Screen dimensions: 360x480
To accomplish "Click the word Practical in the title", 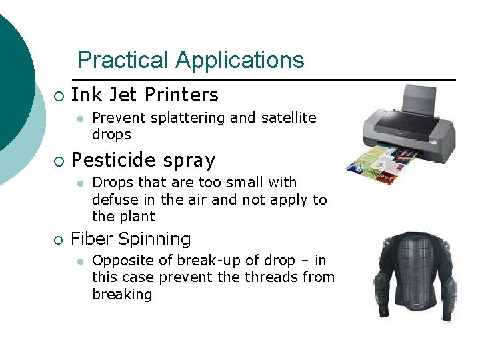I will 123,60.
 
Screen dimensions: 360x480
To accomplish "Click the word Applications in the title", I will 240,60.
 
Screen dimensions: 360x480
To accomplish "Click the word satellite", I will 287,118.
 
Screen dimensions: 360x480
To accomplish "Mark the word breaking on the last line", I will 122,294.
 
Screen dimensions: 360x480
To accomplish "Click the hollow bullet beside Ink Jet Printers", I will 59,97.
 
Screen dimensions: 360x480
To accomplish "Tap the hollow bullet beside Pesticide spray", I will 59,162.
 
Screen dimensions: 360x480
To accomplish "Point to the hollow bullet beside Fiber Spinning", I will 59,240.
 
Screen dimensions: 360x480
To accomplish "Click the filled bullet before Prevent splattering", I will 80,119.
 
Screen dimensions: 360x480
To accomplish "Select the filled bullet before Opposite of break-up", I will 80,261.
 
